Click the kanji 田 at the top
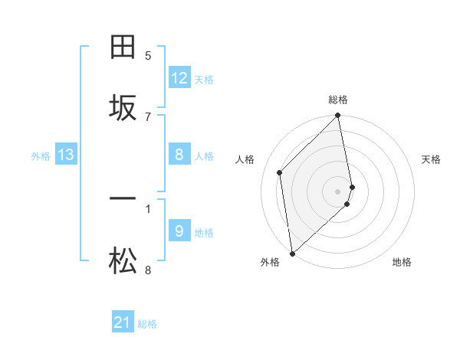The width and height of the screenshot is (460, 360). [x=123, y=48]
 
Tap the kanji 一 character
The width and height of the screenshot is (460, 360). [x=123, y=200]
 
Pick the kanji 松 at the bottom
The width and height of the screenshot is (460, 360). [x=123, y=262]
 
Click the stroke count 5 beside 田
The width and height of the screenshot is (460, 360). [x=148, y=55]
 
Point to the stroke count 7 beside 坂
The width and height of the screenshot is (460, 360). [x=148, y=116]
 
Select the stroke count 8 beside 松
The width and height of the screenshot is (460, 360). [x=148, y=270]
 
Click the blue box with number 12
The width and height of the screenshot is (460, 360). [x=179, y=78]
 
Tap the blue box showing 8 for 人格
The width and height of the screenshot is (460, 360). [x=179, y=155]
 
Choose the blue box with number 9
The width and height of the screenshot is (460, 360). [x=179, y=231]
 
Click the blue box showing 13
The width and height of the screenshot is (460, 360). [x=66, y=155]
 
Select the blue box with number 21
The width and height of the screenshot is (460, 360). [x=123, y=323]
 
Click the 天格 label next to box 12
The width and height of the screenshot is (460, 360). [x=204, y=79]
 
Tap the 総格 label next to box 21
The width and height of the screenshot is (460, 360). [x=147, y=324]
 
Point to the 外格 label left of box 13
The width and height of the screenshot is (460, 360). [x=41, y=156]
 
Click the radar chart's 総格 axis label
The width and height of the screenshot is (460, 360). [x=338, y=100]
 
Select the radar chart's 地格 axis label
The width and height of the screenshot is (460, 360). [x=402, y=262]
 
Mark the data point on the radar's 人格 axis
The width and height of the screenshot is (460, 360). [x=280, y=172]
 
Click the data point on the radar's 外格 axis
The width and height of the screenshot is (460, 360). [x=292, y=254]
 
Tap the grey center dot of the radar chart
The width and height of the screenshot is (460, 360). [x=338, y=191]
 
